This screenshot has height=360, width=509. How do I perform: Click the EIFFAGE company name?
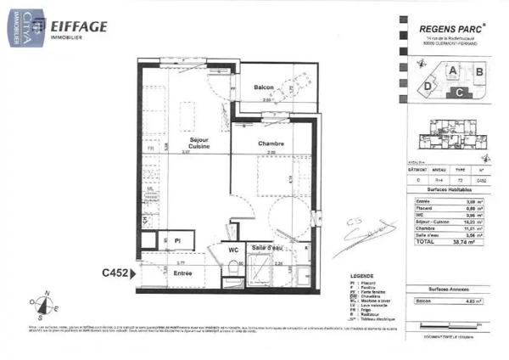80,26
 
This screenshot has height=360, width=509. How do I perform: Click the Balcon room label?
264,87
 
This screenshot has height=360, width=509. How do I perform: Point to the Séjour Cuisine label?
199,143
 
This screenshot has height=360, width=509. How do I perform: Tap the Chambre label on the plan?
271,143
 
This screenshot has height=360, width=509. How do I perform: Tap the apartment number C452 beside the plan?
115,273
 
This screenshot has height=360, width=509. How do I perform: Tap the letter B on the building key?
478,71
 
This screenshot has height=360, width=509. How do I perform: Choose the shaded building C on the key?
458,91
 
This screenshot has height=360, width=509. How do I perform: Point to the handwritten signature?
373,232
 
